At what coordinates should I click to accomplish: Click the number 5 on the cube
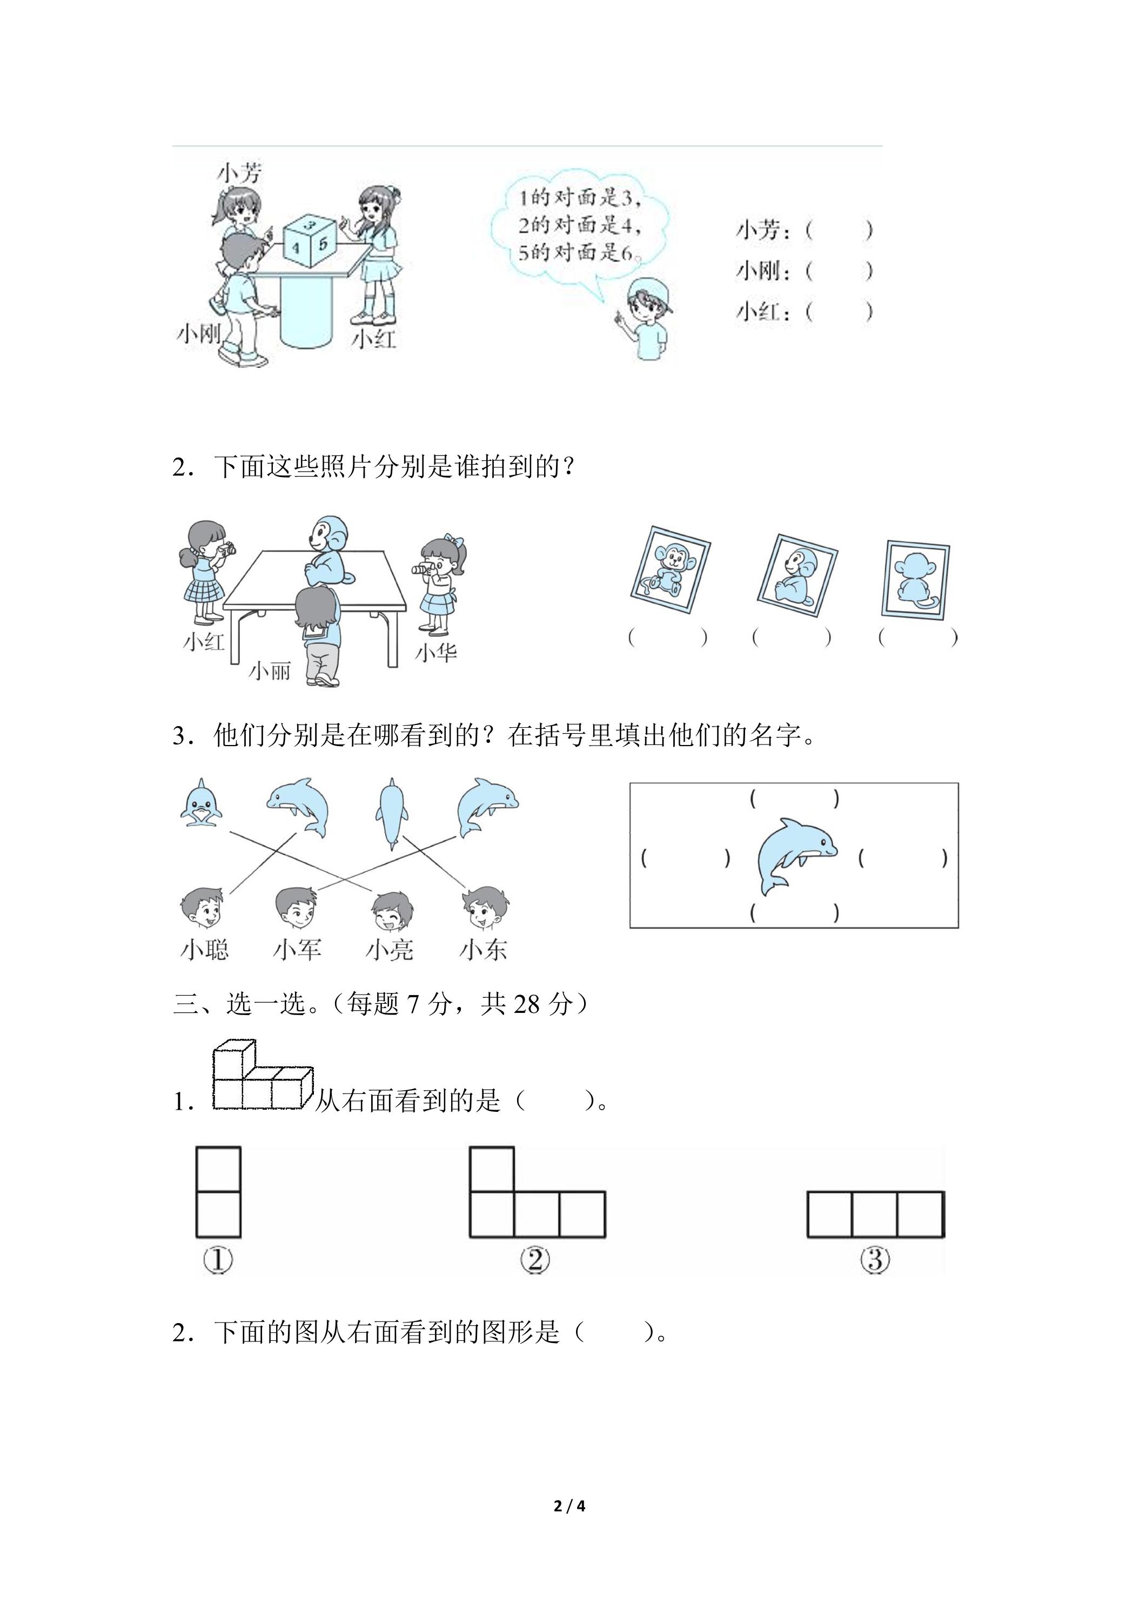pyautogui.click(x=322, y=244)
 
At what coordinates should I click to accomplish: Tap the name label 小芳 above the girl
pyautogui.click(x=240, y=173)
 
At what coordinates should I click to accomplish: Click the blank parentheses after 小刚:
pyautogui.click(x=839, y=270)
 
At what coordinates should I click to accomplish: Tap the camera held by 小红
pyautogui.click(x=227, y=549)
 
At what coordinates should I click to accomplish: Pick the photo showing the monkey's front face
pyautogui.click(x=670, y=570)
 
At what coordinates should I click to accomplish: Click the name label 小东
pyautogui.click(x=483, y=950)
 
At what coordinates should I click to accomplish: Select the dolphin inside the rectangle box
pyautogui.click(x=796, y=856)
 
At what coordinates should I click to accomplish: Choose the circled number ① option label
pyautogui.click(x=218, y=1260)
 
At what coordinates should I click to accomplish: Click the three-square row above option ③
pyautogui.click(x=876, y=1214)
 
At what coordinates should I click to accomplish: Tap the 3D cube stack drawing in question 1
pyautogui.click(x=262, y=1074)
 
